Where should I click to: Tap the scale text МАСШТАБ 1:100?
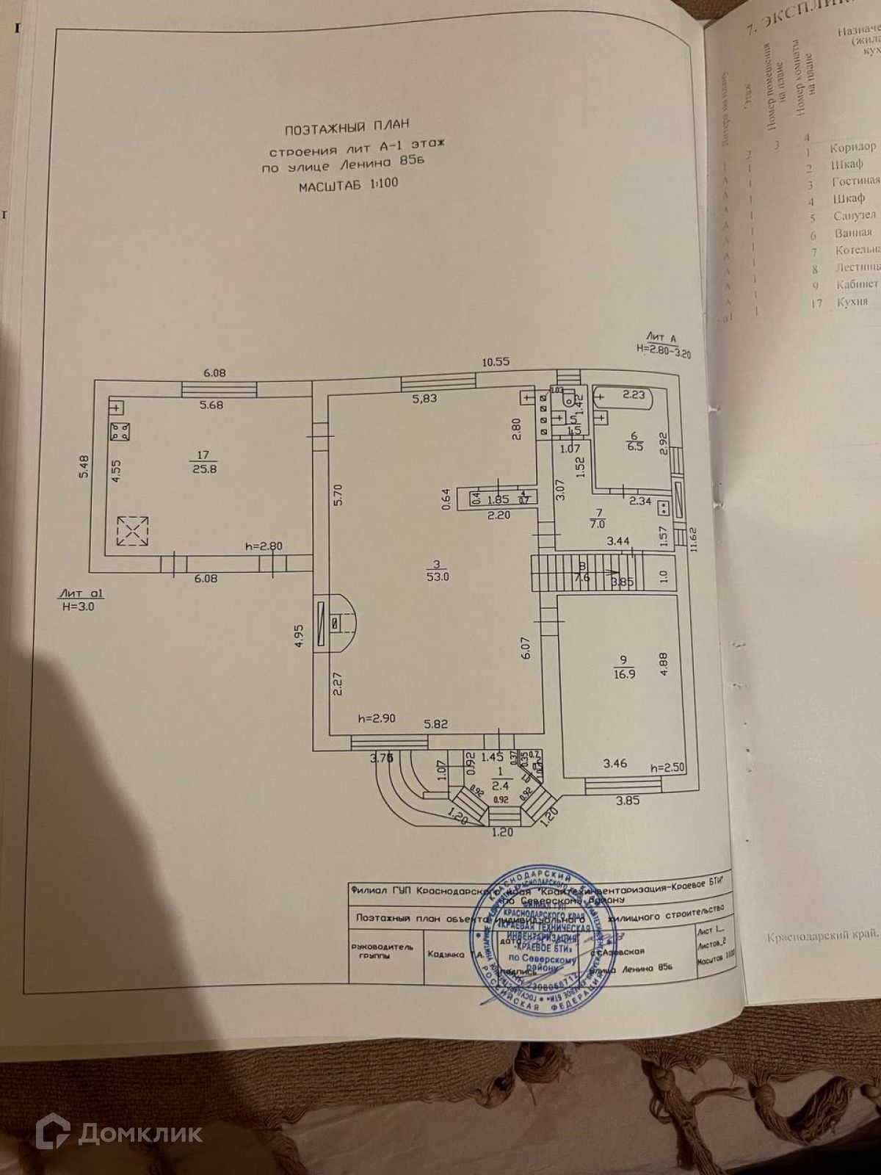coord(348,184)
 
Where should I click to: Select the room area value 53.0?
coord(440,577)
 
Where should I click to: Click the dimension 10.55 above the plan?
coord(496,362)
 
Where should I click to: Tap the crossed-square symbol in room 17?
coord(132,531)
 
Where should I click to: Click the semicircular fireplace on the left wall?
coord(339,622)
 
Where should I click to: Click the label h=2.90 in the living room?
coord(377,718)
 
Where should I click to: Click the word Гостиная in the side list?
coord(855,181)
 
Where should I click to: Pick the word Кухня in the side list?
coord(852,302)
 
